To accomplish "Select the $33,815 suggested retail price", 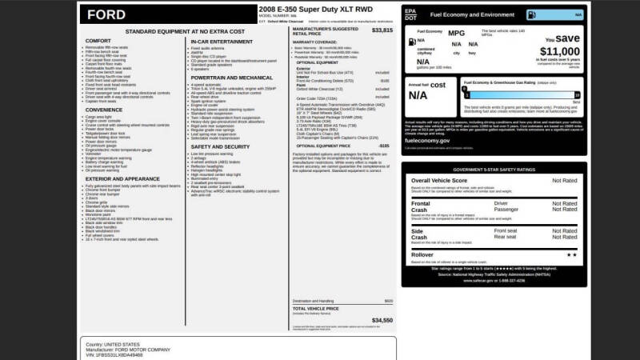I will pos(382,30).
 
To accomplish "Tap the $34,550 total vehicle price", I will pos(382,319).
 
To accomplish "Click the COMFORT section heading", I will pos(98,40).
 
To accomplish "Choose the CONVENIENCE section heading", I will pos(106,110).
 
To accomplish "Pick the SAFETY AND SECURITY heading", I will pos(221,146).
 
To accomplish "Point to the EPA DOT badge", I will pos(411,14).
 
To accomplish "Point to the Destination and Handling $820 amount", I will pos(388,301).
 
